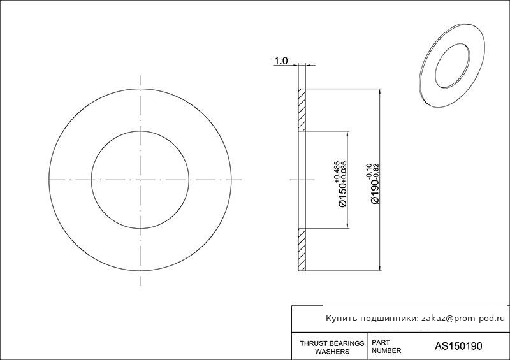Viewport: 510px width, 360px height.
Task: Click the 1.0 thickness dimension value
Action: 281,61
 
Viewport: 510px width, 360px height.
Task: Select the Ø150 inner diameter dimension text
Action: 343,194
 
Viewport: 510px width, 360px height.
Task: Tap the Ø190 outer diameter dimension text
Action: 375,192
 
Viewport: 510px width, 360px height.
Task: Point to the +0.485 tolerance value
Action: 337,171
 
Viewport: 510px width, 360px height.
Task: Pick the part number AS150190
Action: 458,346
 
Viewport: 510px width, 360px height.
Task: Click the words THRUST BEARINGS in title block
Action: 331,343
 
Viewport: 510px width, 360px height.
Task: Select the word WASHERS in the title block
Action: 332,352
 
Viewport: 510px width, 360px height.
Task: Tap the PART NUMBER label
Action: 386,347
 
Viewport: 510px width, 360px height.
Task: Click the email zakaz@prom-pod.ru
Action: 463,319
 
